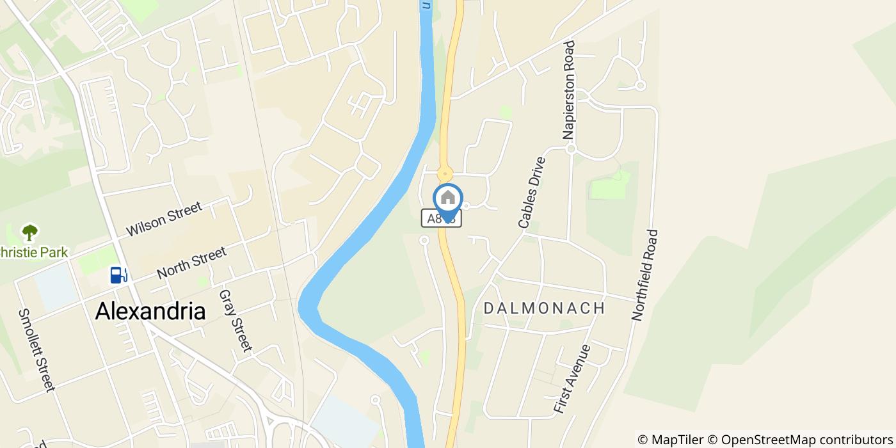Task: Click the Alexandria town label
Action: pos(150,311)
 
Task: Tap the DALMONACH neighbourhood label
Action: pos(544,308)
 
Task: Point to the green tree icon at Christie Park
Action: pos(29,232)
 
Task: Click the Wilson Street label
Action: pos(164,219)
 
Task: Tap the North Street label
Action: pos(191,263)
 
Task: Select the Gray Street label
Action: pos(235,321)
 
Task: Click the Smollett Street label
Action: pos(36,349)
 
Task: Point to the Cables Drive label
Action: pos(532,193)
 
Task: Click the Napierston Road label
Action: pos(569,90)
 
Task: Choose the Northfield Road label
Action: pos(644,275)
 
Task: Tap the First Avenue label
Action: pos(572,379)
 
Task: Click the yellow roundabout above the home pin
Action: pos(444,173)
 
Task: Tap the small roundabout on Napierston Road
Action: pos(572,149)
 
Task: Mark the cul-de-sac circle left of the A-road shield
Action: pos(424,240)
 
